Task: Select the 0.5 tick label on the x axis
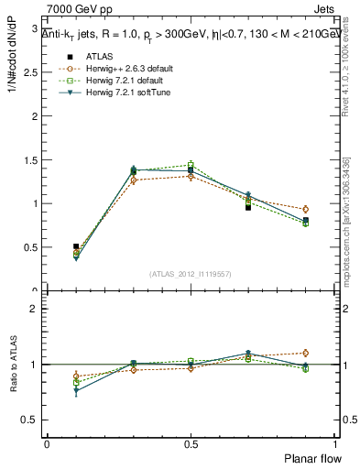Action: point(191,442)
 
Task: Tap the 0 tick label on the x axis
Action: point(47,442)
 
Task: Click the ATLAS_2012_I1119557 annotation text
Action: point(191,274)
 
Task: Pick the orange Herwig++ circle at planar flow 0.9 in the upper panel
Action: point(305,209)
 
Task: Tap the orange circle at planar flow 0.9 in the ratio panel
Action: point(305,353)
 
